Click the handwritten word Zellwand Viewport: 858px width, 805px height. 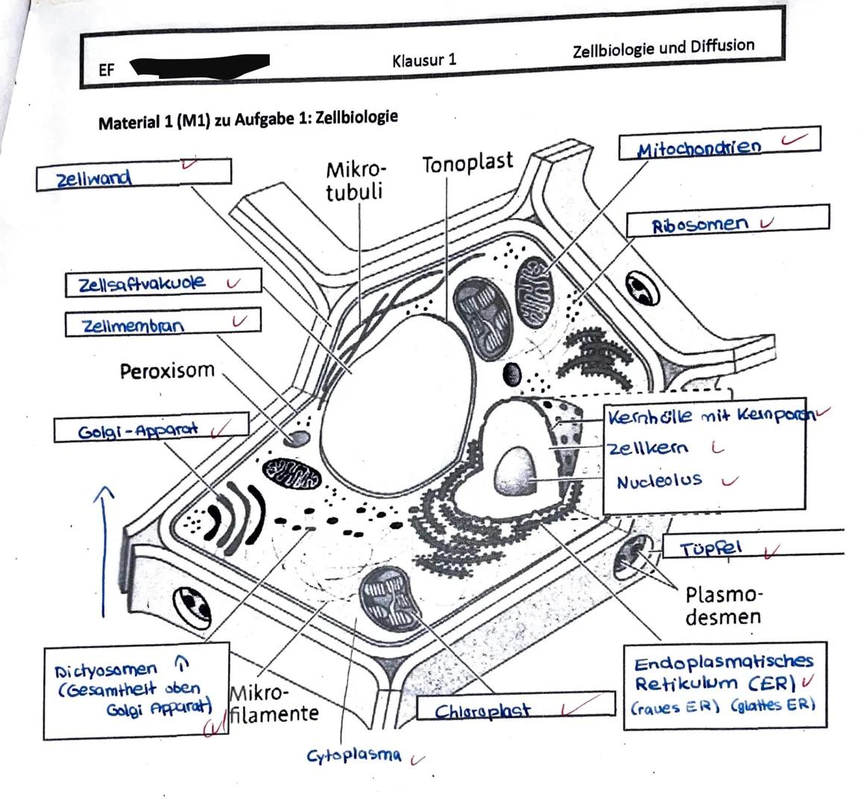94,178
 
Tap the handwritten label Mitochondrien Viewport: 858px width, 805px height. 698,148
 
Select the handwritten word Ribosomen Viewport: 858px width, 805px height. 699,224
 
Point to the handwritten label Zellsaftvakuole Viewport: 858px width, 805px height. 142,283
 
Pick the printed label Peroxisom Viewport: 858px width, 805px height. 167,370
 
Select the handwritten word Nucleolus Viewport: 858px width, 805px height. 659,481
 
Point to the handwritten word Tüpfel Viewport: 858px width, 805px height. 711,549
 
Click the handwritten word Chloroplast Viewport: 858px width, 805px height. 482,710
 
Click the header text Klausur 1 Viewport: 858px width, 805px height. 423,60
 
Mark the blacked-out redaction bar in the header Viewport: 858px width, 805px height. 199,66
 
